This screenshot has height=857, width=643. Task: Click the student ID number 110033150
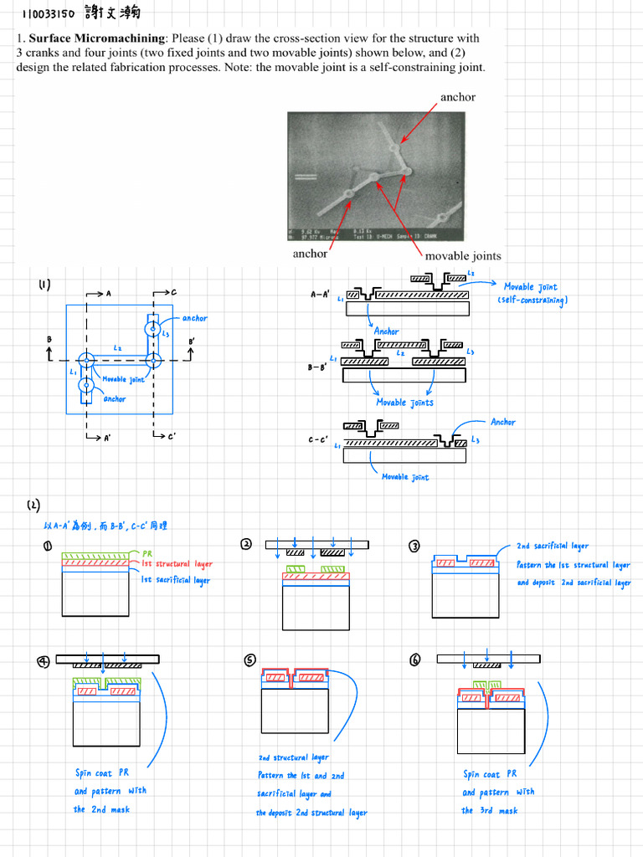tap(49, 15)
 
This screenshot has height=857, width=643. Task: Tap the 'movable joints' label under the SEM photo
tap(463, 255)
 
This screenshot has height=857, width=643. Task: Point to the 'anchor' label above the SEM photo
tap(457, 97)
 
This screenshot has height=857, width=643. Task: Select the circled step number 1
tap(48, 546)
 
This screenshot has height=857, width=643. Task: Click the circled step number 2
tap(246, 544)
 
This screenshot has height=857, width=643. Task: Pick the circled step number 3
tap(414, 546)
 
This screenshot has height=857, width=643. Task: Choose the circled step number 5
tap(249, 660)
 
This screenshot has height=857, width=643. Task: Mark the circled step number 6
tap(415, 660)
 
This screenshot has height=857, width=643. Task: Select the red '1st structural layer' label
tap(177, 565)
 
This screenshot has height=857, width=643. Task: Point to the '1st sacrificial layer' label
tap(176, 580)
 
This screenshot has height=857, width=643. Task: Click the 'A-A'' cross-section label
tap(321, 295)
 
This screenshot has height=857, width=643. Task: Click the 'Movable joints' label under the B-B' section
tap(403, 403)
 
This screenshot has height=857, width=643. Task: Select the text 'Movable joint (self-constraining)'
tap(532, 293)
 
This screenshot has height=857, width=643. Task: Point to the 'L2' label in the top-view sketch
tap(117, 347)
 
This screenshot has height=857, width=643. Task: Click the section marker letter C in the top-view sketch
tap(173, 293)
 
